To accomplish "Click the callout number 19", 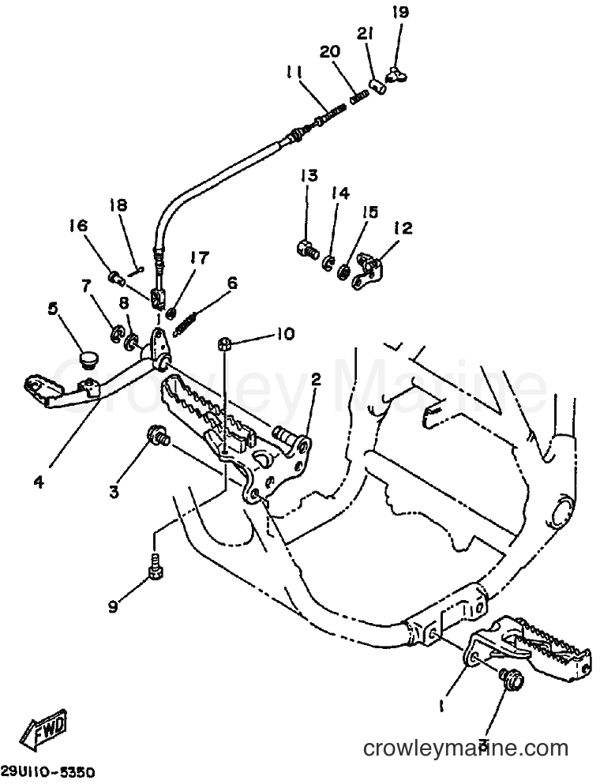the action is (400, 12).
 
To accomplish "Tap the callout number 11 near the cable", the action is (295, 73).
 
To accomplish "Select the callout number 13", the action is (309, 176).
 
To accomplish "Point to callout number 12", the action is (403, 228).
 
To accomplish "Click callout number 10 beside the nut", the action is (286, 334).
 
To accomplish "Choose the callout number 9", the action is (114, 607).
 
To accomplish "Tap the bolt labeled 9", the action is (155, 567).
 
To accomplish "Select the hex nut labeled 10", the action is (225, 343).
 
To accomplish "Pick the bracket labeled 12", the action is (369, 271).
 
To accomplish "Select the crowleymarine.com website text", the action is (466, 749).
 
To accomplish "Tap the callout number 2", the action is (316, 379).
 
